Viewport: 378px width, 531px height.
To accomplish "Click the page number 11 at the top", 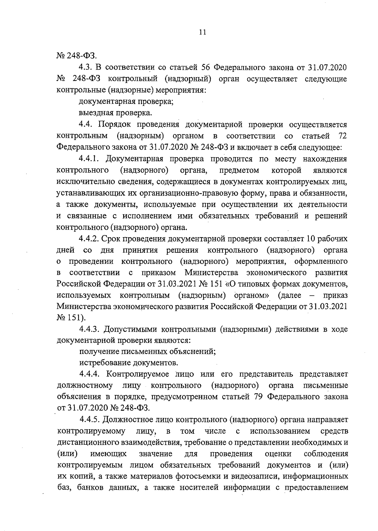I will click(x=202, y=32).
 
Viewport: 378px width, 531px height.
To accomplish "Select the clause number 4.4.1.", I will click(x=90, y=159).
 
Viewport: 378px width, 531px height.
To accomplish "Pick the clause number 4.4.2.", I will click(x=90, y=239).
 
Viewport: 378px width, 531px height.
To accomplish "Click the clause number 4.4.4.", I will click(x=90, y=374).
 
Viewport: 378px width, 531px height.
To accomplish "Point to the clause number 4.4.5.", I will click(x=90, y=420).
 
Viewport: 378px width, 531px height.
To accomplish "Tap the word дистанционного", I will click(x=88, y=442).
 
